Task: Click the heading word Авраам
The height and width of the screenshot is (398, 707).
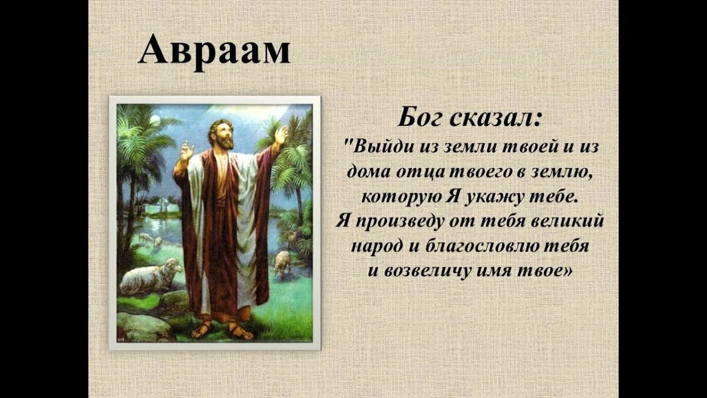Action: (214, 50)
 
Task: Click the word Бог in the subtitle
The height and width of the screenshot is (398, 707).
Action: (421, 117)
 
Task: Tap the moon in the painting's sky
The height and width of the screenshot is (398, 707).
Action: (154, 120)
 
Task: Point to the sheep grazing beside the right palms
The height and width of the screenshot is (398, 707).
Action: (283, 262)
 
